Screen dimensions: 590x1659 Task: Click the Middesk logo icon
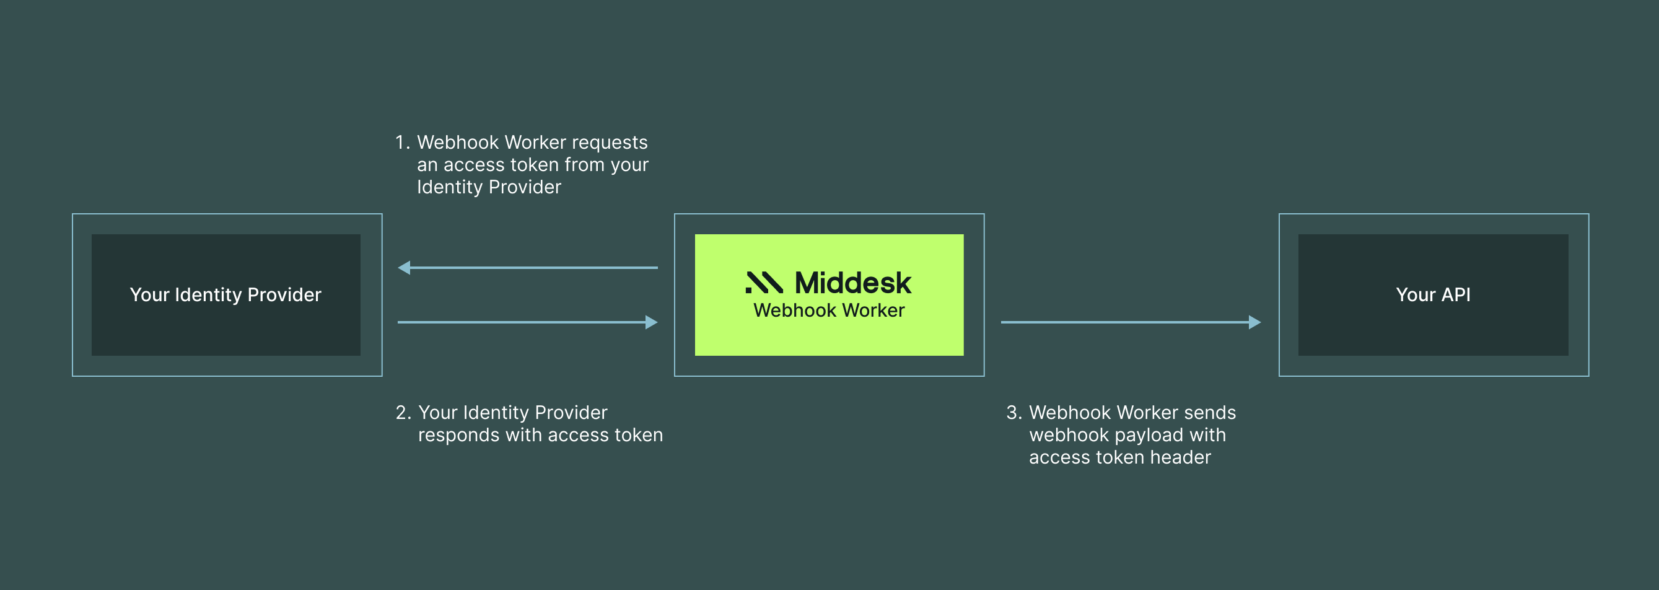(x=764, y=282)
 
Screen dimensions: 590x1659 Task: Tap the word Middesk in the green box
(x=852, y=283)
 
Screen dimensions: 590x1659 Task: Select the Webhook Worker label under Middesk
(x=829, y=310)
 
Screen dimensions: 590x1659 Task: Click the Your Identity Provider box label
(x=225, y=294)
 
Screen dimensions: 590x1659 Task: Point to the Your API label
(x=1433, y=294)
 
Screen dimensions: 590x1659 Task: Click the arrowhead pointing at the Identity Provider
(x=405, y=267)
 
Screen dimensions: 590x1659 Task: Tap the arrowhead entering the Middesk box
(x=651, y=322)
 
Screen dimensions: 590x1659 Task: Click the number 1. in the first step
(x=402, y=143)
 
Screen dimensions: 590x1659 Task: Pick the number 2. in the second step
(x=403, y=412)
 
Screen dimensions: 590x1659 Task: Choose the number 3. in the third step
(x=1013, y=412)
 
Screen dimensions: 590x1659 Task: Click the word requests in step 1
(x=609, y=143)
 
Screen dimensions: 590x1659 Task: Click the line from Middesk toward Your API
(x=1121, y=322)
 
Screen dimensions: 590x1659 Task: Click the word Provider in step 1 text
(x=525, y=187)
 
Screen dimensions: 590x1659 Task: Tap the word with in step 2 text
(x=523, y=435)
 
